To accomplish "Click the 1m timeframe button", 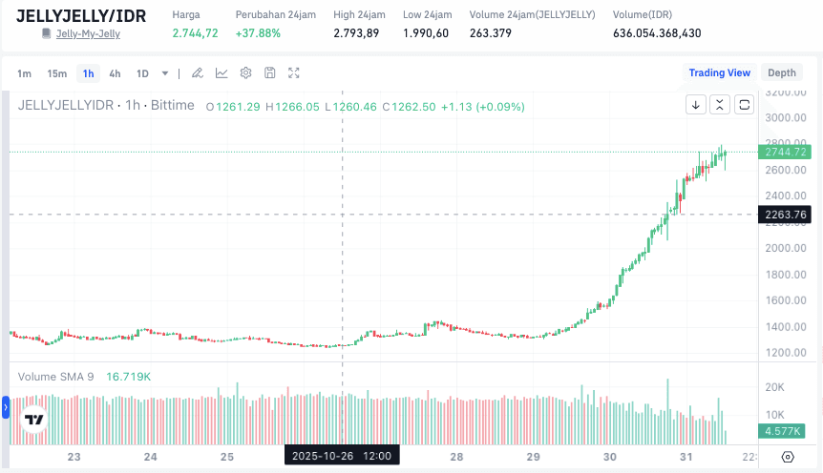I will [25, 73].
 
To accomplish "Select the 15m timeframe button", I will [56, 73].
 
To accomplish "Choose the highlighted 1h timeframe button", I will [88, 73].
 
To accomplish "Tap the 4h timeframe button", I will [115, 73].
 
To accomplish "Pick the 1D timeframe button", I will [142, 73].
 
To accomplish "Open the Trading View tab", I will [719, 72].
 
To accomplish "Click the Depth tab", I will [781, 72].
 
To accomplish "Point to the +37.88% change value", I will [258, 33].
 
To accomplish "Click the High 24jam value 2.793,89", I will [356, 33].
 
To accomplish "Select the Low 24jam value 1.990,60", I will [426, 33].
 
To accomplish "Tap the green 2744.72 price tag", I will [786, 152].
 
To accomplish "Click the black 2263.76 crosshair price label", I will [786, 215].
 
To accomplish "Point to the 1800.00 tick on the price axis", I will [785, 275].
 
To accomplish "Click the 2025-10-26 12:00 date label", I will [342, 456].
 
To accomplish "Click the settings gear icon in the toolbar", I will [245, 73].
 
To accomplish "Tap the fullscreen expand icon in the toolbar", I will [294, 73].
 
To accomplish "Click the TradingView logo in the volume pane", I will [34, 420].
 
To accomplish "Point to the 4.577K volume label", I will [785, 430].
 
